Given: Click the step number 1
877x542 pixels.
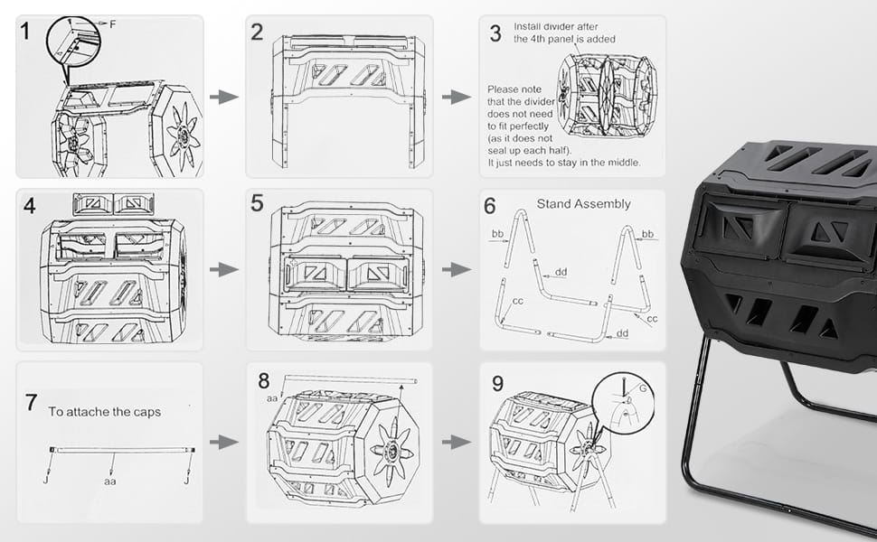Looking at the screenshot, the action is [x=24, y=32].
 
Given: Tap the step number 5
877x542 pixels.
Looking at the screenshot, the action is [x=257, y=203].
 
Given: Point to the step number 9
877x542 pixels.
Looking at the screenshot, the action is [x=498, y=384].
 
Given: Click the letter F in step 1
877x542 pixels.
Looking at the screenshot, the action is [x=112, y=24].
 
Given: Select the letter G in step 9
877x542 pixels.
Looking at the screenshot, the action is [x=643, y=388].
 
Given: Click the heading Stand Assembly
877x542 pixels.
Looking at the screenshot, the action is [x=583, y=204].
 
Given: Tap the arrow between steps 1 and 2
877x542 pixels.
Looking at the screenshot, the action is [x=223, y=97].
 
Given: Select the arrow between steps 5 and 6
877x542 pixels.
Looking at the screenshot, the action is [x=457, y=269].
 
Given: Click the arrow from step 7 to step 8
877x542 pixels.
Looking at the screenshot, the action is [x=223, y=442].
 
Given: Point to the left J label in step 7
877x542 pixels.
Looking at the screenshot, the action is [x=45, y=480].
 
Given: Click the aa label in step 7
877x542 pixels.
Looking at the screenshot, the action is [x=110, y=481].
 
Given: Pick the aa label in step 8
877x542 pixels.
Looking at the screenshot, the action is [x=272, y=398].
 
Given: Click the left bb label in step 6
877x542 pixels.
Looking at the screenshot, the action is [x=497, y=234].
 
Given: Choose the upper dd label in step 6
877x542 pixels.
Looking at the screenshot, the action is [x=561, y=272].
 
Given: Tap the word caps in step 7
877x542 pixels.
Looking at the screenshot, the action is [x=147, y=412].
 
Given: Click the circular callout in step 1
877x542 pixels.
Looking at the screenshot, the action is [x=73, y=42].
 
